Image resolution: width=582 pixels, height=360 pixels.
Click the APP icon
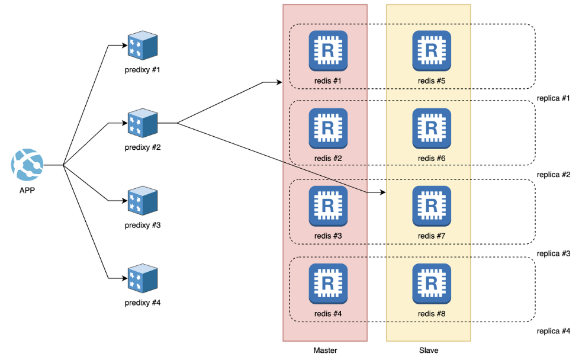(27, 165)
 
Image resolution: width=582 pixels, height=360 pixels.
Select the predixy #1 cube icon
(142, 46)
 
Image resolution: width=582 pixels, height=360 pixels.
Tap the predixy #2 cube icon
(142, 123)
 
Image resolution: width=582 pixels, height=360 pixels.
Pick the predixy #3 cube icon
(142, 201)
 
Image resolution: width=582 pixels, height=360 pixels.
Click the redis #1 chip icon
(328, 50)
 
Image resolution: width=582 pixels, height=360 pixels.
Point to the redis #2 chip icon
(328, 127)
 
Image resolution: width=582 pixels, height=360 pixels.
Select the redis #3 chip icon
(328, 205)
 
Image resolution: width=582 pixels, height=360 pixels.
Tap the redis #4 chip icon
(328, 282)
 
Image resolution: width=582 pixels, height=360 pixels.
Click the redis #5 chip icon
(432, 50)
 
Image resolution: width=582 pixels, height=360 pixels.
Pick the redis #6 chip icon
(432, 127)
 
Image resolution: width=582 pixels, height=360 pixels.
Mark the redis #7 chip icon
(432, 205)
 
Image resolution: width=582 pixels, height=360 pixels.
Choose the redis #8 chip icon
(432, 282)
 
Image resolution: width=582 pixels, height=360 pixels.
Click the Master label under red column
(325, 351)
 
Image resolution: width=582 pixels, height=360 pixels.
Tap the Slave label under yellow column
(428, 351)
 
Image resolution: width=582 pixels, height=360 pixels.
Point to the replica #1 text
(553, 98)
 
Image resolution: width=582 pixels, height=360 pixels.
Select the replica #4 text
(553, 331)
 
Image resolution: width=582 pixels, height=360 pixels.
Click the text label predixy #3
(142, 226)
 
